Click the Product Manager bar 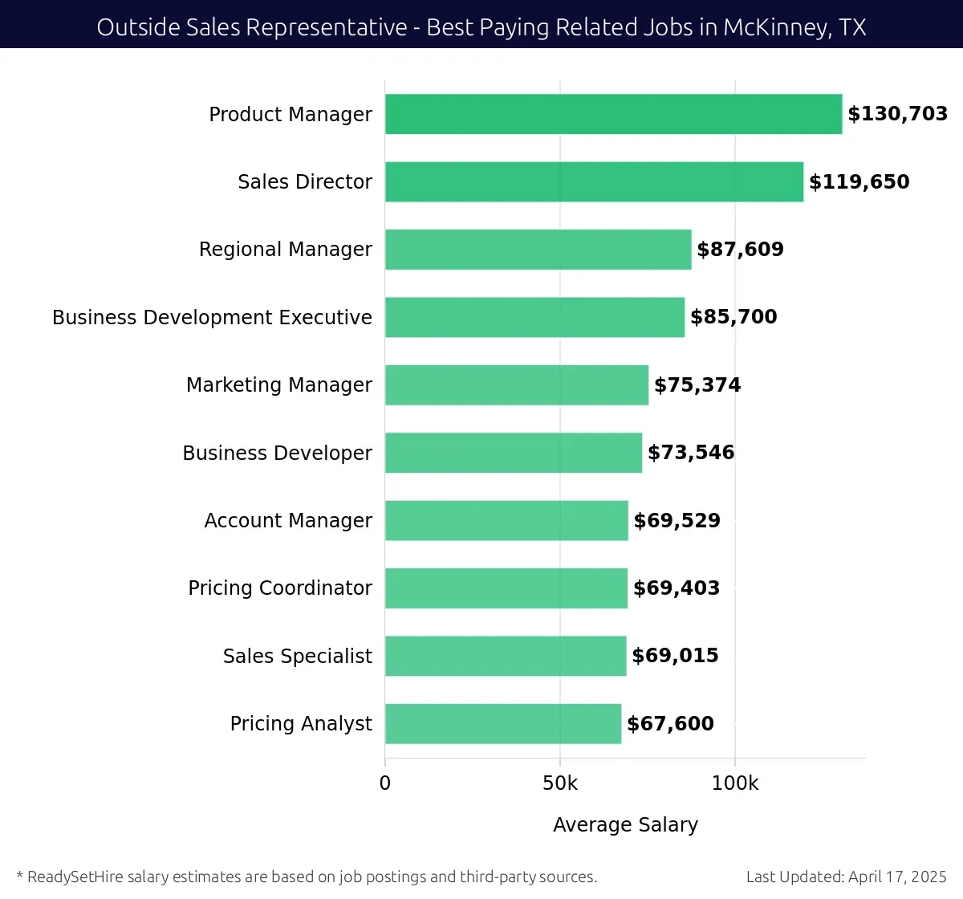tap(613, 114)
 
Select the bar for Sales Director tap(594, 181)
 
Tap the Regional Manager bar tap(538, 250)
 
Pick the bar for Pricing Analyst tap(503, 724)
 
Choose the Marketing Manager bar tap(517, 385)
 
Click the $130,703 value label tap(897, 114)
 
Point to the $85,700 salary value tap(733, 317)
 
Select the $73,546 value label tap(691, 453)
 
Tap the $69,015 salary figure tap(675, 656)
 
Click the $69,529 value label tap(677, 521)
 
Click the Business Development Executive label tap(212, 318)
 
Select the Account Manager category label tap(288, 521)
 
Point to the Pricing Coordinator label tap(280, 588)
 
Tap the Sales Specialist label tap(297, 657)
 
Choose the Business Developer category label tap(277, 454)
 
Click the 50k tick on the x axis tap(560, 783)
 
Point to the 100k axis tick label tap(735, 783)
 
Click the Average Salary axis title tap(625, 825)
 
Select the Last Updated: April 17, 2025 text tap(846, 877)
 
